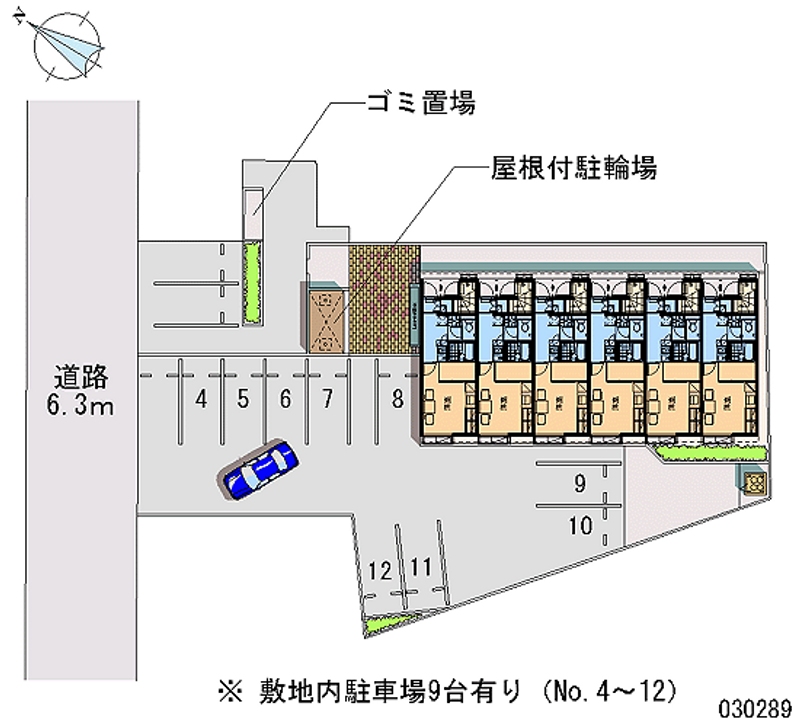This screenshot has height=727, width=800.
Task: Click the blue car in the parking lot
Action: (x=258, y=469)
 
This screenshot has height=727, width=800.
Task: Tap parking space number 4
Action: (x=202, y=400)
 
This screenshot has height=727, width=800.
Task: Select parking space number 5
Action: (x=243, y=400)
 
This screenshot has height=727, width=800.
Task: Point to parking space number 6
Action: (x=285, y=400)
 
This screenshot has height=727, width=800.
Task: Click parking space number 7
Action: (x=326, y=400)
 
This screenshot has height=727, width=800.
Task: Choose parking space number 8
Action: (x=397, y=400)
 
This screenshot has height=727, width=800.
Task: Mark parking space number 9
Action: (x=579, y=486)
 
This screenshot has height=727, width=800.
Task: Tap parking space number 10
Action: (x=579, y=523)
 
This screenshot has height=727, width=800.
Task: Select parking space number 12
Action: (x=378, y=572)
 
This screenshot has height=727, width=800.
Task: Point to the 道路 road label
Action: (x=80, y=378)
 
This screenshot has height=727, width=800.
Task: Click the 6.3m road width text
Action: (x=81, y=406)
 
